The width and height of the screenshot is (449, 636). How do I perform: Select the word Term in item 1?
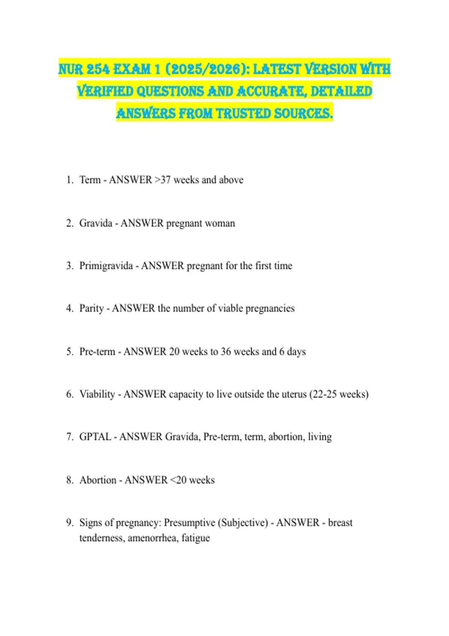pos(90,180)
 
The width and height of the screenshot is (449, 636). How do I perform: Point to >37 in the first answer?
pos(163,180)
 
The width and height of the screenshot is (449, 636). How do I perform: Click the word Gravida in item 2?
pos(96,223)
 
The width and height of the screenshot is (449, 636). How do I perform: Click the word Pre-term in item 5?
pos(97,352)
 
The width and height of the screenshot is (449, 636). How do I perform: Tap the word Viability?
pos(97,394)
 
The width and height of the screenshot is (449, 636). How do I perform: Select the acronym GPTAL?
pos(95,437)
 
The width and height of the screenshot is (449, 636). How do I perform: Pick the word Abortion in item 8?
pos(98,480)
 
